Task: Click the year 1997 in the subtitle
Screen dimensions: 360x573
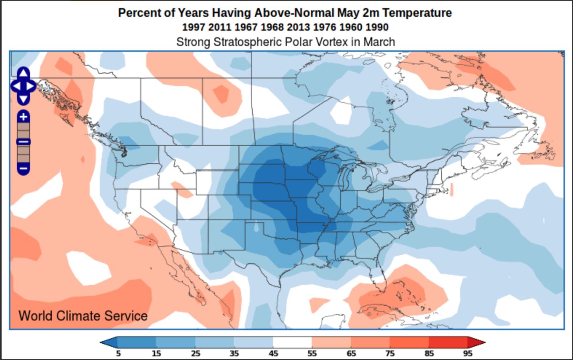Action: (194, 27)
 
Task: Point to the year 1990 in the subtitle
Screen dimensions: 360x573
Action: (377, 27)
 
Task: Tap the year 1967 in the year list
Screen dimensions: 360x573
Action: (246, 27)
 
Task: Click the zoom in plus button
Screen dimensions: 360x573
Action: (23, 117)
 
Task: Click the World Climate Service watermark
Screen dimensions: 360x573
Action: (83, 316)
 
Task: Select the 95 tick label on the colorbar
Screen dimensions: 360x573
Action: (468, 354)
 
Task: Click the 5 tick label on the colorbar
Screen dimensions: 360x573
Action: (118, 354)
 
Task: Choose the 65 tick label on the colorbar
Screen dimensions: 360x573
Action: (351, 354)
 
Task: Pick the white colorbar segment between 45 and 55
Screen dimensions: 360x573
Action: (292, 342)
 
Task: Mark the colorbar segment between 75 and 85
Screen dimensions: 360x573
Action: (409, 342)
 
